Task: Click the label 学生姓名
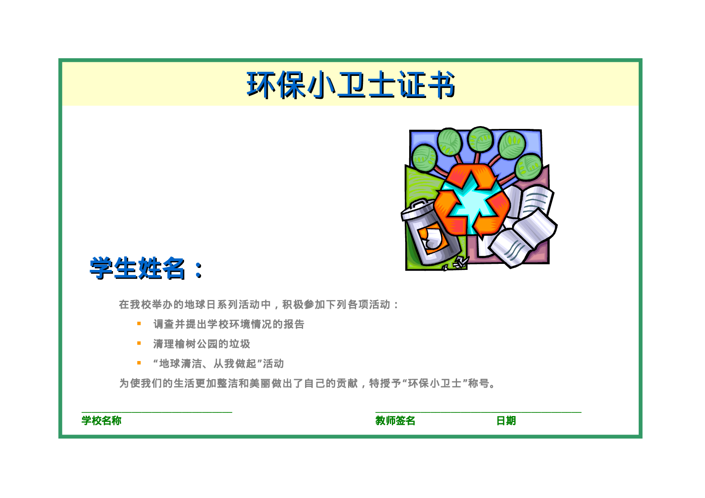[x=137, y=268]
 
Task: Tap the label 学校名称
[x=101, y=420]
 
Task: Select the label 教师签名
[x=395, y=420]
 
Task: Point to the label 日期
[x=506, y=420]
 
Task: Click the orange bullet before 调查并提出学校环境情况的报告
[x=139, y=324]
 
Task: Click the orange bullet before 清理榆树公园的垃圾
[x=139, y=343]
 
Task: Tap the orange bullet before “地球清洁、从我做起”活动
[x=139, y=363]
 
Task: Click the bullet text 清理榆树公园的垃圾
[x=201, y=344]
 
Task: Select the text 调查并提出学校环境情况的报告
[x=229, y=324]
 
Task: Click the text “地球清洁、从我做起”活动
[x=218, y=363]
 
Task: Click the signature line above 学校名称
[x=157, y=412]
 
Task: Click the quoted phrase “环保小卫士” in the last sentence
[x=434, y=384]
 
